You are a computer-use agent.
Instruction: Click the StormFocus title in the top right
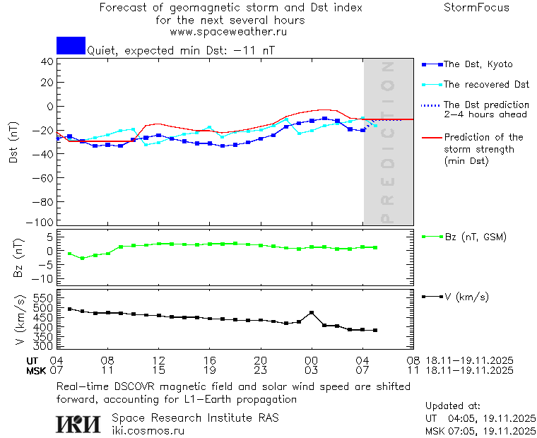(476, 8)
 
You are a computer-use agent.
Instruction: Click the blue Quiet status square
(71, 45)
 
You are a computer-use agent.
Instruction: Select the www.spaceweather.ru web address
(228, 32)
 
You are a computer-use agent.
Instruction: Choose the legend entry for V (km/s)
(466, 297)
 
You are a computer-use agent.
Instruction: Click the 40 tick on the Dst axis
(47, 61)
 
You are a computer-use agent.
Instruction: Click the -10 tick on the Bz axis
(45, 279)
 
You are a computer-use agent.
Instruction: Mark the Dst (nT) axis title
(13, 143)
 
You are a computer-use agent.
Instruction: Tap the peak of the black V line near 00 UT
(312, 312)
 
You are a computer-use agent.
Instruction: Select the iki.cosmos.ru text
(148, 430)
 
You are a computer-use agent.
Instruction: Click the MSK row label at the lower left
(36, 369)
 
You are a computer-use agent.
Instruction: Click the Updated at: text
(452, 406)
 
